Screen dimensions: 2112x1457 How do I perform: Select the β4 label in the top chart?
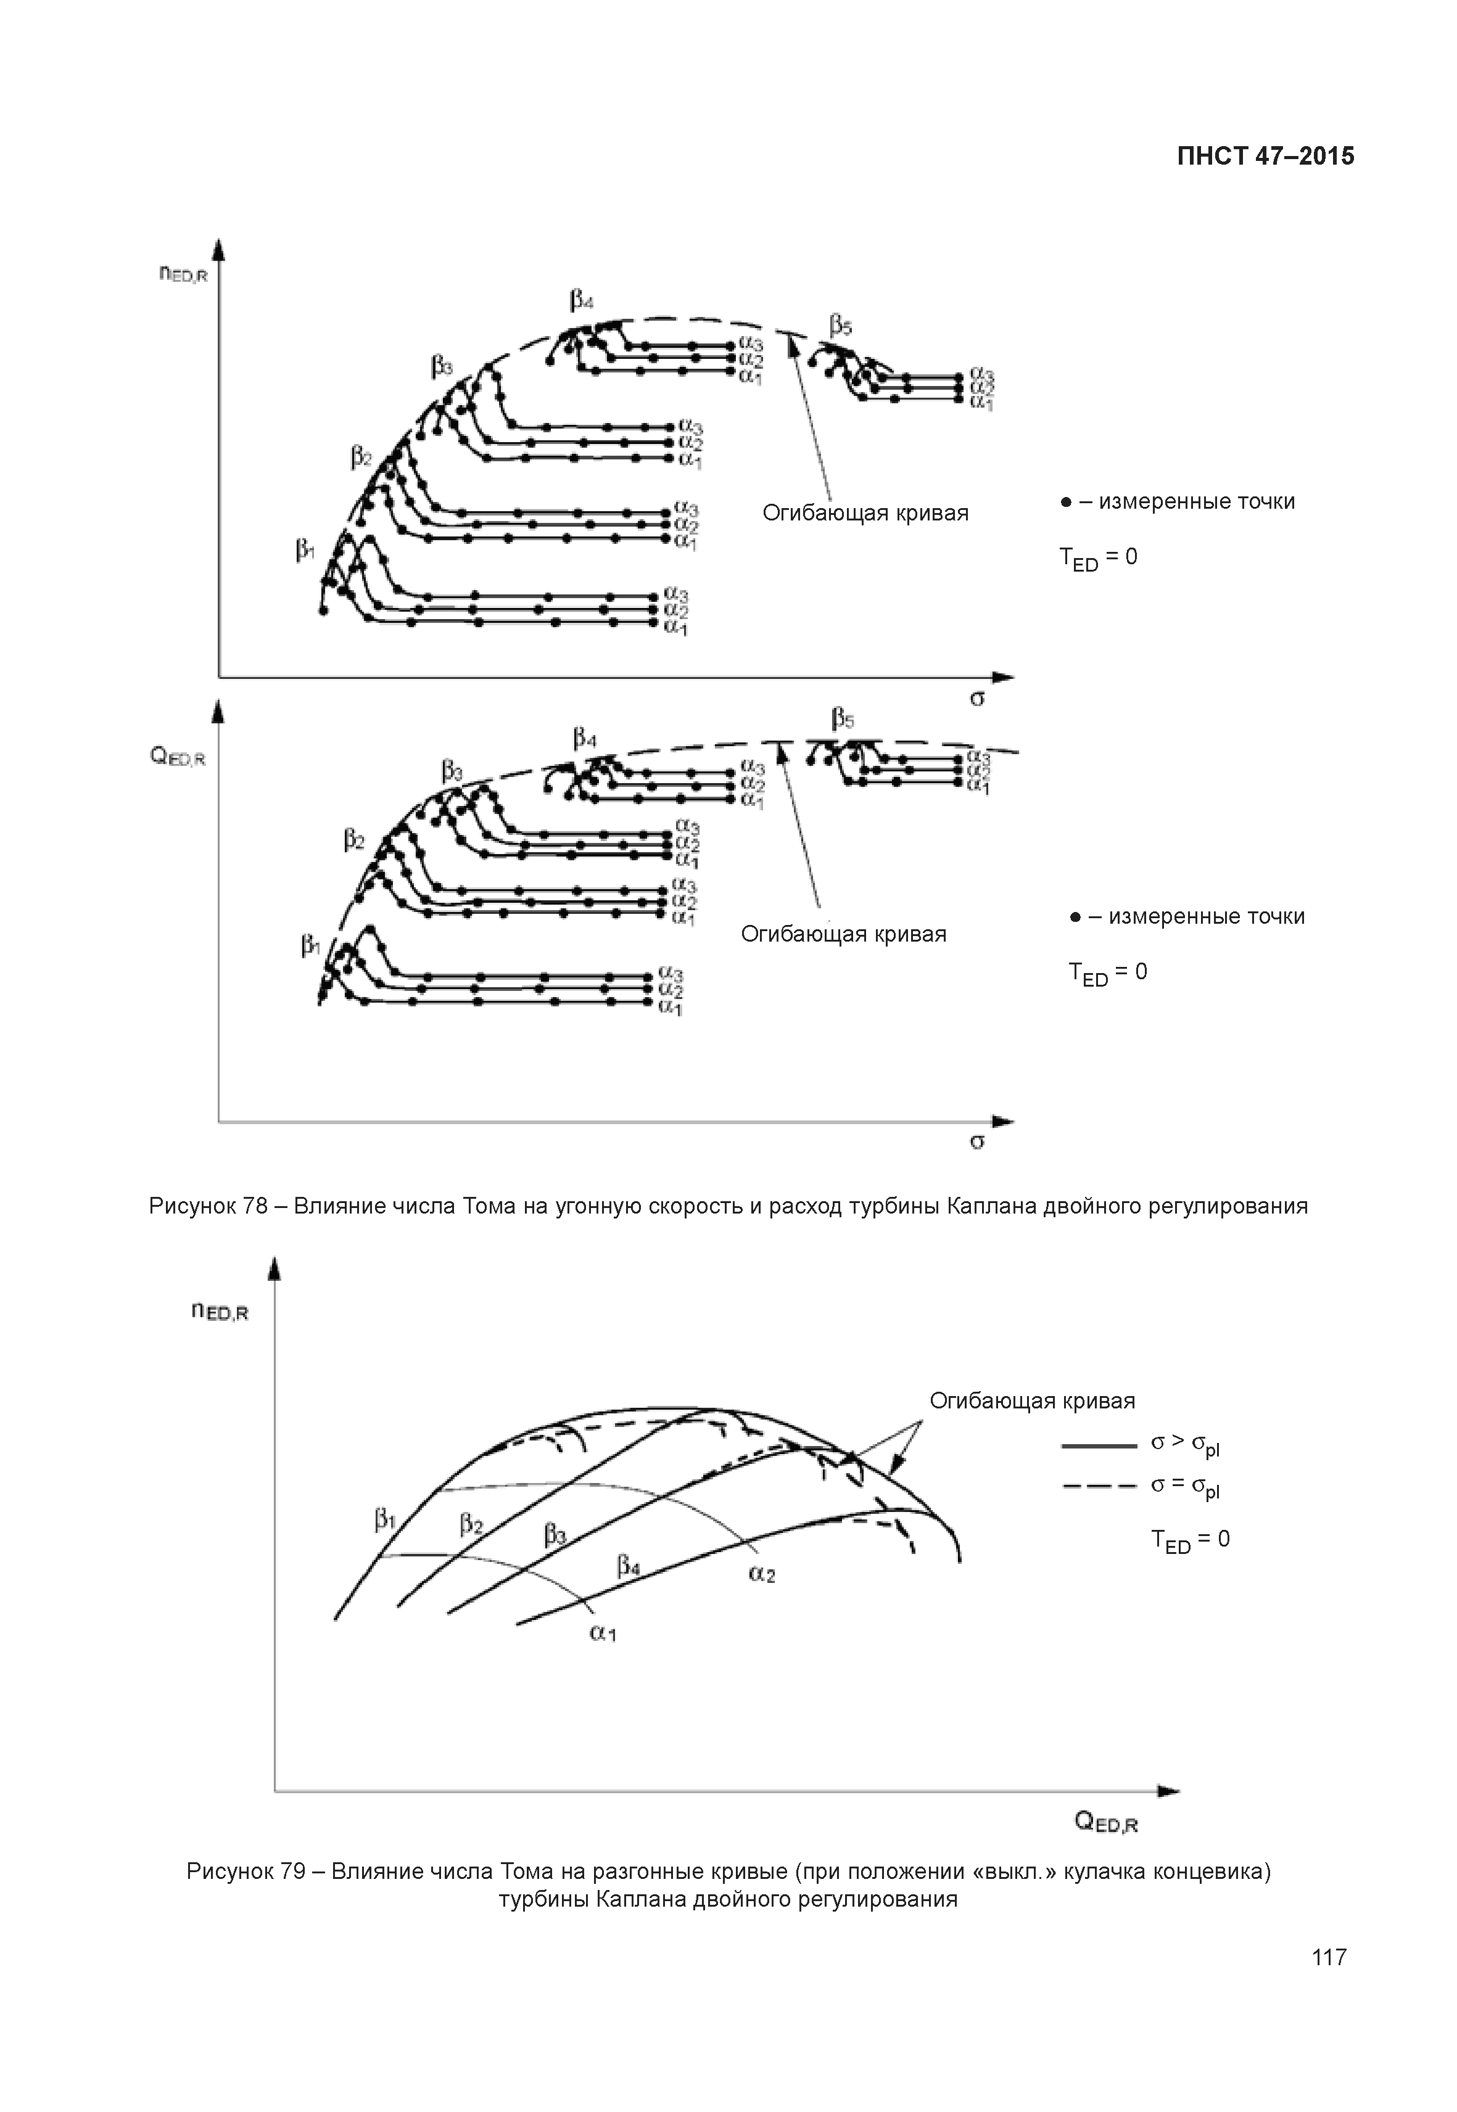tap(582, 299)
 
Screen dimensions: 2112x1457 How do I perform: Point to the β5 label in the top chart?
tap(841, 325)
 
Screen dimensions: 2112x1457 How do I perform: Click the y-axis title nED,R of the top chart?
tap(183, 273)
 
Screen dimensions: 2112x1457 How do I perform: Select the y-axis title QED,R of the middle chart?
tap(178, 757)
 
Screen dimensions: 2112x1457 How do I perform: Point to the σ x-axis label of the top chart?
tap(977, 699)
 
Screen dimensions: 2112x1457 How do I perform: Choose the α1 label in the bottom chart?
tap(603, 1633)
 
